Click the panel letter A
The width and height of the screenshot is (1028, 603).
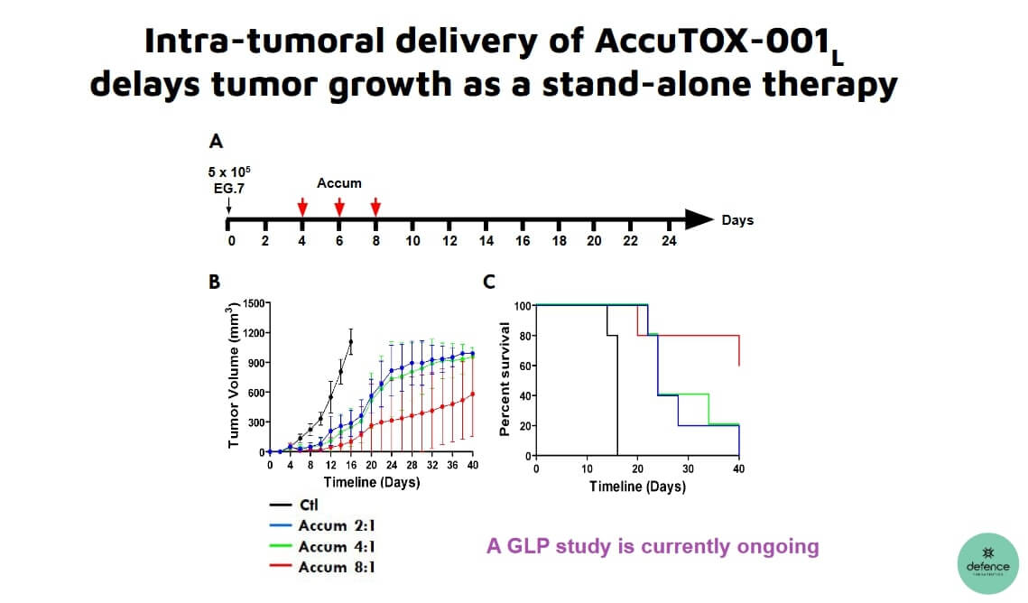click(215, 142)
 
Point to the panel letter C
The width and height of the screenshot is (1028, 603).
click(489, 283)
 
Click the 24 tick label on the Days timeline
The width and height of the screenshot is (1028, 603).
click(668, 241)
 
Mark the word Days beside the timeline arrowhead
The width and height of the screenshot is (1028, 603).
click(737, 220)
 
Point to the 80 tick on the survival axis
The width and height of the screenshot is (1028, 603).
click(522, 336)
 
